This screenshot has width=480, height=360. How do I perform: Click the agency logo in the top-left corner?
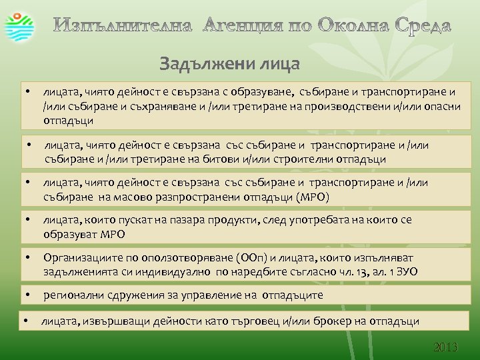pos(18,25)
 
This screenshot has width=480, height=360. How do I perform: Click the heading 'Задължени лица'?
pos(230,64)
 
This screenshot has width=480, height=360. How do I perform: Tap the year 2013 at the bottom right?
pos(446,347)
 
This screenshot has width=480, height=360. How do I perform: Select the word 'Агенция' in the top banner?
pos(241,26)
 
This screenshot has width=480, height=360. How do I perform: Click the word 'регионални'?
pos(72,295)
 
